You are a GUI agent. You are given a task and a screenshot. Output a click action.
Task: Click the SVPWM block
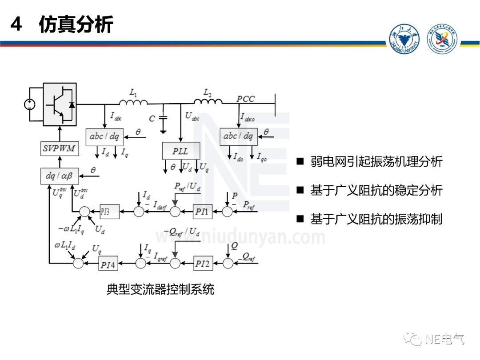coord(60,149)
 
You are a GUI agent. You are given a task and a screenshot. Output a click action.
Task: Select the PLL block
coord(180,151)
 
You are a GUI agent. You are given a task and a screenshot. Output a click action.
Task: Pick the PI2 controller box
coord(202,264)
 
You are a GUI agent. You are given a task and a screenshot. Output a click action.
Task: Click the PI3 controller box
coord(109,212)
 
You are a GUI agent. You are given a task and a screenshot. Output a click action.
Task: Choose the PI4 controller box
coord(108,264)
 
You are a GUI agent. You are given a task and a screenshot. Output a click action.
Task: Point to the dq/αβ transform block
coord(60,176)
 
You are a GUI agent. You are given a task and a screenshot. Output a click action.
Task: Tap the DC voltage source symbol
coord(30,105)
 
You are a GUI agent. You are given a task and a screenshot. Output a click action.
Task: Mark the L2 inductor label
coord(208,92)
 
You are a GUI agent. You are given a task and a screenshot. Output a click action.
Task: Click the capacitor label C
coord(152,119)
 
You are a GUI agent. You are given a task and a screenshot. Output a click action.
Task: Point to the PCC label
coord(246,99)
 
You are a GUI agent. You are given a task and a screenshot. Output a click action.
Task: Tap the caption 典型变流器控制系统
coord(160,290)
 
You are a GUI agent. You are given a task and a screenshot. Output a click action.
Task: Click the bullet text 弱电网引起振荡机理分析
coord(376,161)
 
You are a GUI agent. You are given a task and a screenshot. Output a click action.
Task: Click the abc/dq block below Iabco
coord(239,136)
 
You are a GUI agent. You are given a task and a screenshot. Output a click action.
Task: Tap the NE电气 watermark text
coord(444,340)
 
